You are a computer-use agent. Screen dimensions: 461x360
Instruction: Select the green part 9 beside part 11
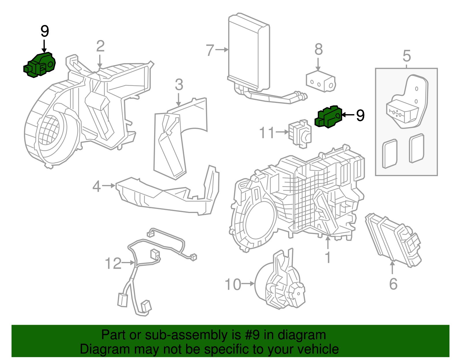point(328,117)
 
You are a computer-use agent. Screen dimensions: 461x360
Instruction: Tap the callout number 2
point(100,46)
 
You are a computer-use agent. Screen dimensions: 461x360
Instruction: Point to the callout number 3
point(179,84)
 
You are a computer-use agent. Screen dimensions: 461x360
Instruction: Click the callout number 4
point(97,186)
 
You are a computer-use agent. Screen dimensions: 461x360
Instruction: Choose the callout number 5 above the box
point(407,56)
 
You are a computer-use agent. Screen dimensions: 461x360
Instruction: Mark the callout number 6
point(393,284)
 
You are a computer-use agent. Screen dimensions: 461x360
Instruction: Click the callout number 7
point(210,50)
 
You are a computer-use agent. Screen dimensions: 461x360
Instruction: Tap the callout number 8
point(318,49)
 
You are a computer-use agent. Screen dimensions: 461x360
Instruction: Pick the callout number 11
point(267,133)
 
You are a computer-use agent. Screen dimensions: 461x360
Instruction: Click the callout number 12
point(113,263)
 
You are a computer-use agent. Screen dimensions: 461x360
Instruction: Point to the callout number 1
point(328,257)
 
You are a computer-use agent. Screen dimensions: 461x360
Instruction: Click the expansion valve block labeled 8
point(321,82)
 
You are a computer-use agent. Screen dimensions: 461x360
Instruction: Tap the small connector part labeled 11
point(300,134)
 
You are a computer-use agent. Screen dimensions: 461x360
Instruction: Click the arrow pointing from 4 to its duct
point(108,186)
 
